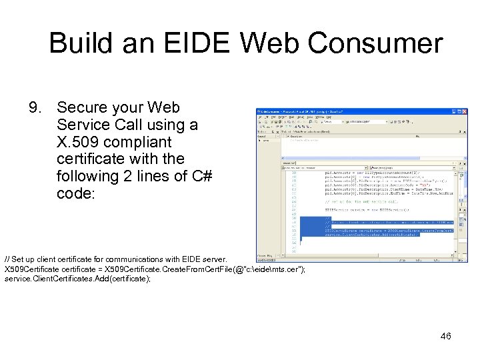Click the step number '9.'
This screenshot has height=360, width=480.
coord(36,108)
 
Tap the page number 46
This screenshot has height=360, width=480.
coord(445,337)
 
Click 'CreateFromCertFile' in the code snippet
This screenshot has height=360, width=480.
coord(163,269)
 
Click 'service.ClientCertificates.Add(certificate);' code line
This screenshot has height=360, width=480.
coord(78,279)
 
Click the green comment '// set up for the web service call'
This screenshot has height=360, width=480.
coord(367,201)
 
